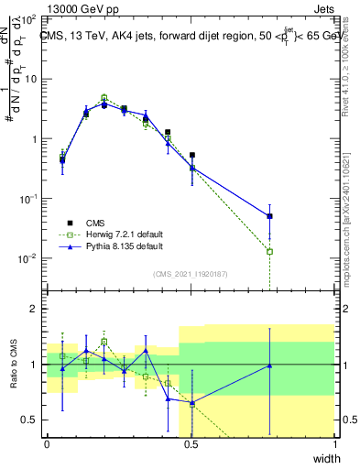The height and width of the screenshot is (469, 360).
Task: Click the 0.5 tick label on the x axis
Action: tap(191, 444)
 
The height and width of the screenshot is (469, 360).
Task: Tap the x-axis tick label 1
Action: tap(334, 444)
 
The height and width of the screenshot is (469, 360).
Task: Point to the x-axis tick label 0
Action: tap(47, 444)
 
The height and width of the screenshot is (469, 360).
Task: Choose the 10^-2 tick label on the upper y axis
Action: tap(29, 258)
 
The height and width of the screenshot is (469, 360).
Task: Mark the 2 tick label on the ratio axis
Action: tap(35, 309)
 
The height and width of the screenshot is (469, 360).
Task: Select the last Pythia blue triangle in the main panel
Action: tap(269, 216)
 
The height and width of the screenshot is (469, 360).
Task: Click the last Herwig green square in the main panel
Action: tap(269, 251)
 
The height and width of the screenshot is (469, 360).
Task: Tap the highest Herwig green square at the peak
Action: tap(104, 97)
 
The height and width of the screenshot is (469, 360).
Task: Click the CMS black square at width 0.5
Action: tap(191, 156)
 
